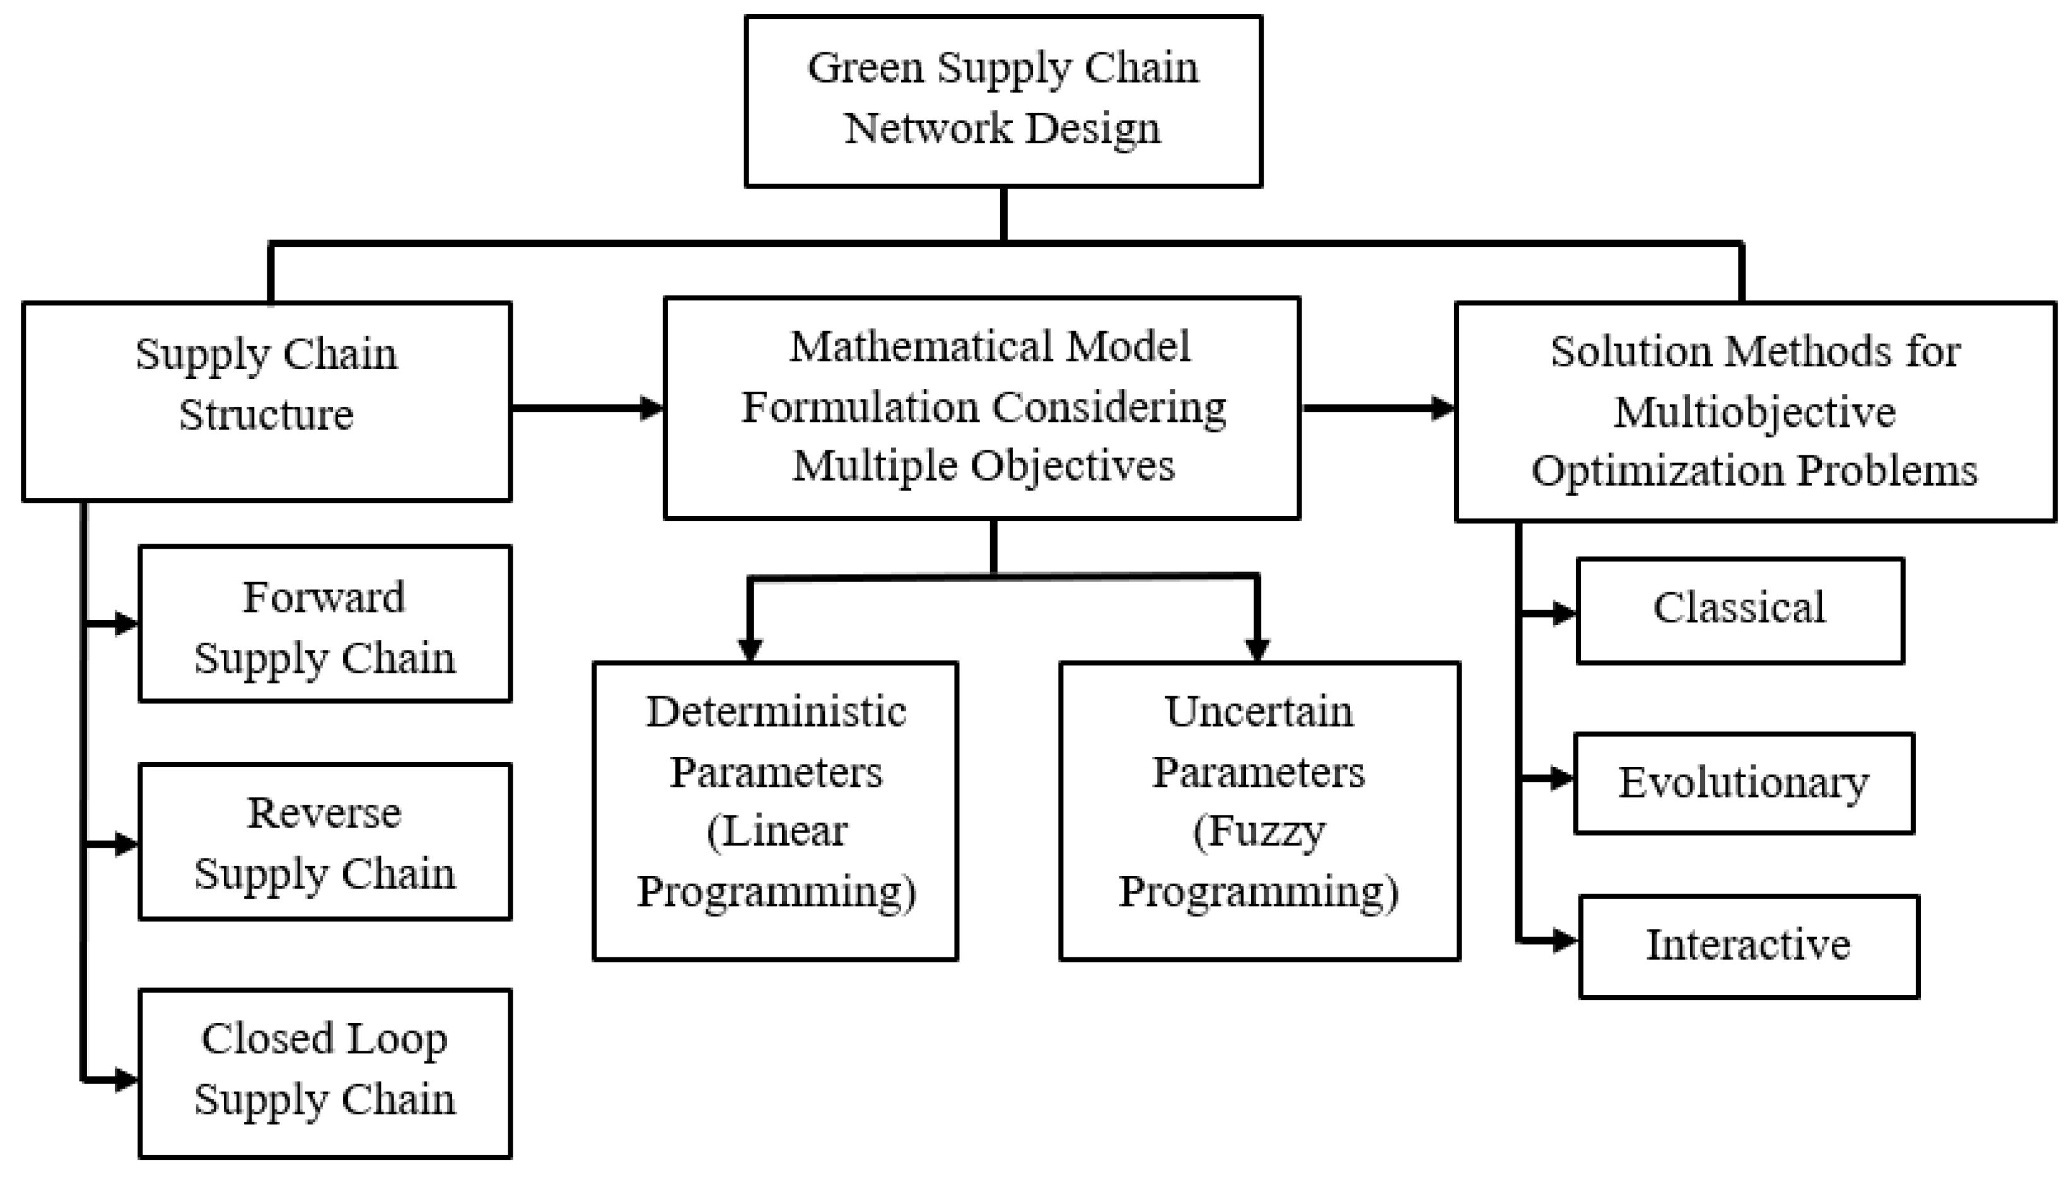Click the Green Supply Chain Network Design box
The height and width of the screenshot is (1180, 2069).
pyautogui.click(x=1003, y=102)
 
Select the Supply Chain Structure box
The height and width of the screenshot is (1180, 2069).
pyautogui.click(x=267, y=401)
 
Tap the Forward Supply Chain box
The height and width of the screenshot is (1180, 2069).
pyautogui.click(x=325, y=623)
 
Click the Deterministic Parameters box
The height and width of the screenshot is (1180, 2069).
pyautogui.click(x=775, y=810)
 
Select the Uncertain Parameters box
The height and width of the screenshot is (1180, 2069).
pyautogui.click(x=1259, y=810)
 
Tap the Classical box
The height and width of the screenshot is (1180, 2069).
pyautogui.click(x=1739, y=610)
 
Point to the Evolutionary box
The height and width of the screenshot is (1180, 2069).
pyautogui.click(x=1744, y=783)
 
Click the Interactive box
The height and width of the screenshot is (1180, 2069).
pyautogui.click(x=1748, y=946)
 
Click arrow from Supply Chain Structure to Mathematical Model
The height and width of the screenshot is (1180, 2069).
pyautogui.click(x=586, y=407)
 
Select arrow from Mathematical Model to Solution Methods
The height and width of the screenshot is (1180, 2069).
pyautogui.click(x=1377, y=407)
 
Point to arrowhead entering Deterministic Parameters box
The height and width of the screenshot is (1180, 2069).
pyautogui.click(x=750, y=649)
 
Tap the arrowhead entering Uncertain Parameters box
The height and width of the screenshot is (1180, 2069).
pyautogui.click(x=1256, y=649)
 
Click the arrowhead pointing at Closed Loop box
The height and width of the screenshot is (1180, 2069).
pyautogui.click(x=125, y=1080)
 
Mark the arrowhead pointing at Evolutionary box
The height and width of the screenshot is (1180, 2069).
pyautogui.click(x=1560, y=778)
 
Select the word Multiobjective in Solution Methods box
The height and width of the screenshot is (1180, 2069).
pyautogui.click(x=1754, y=412)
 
